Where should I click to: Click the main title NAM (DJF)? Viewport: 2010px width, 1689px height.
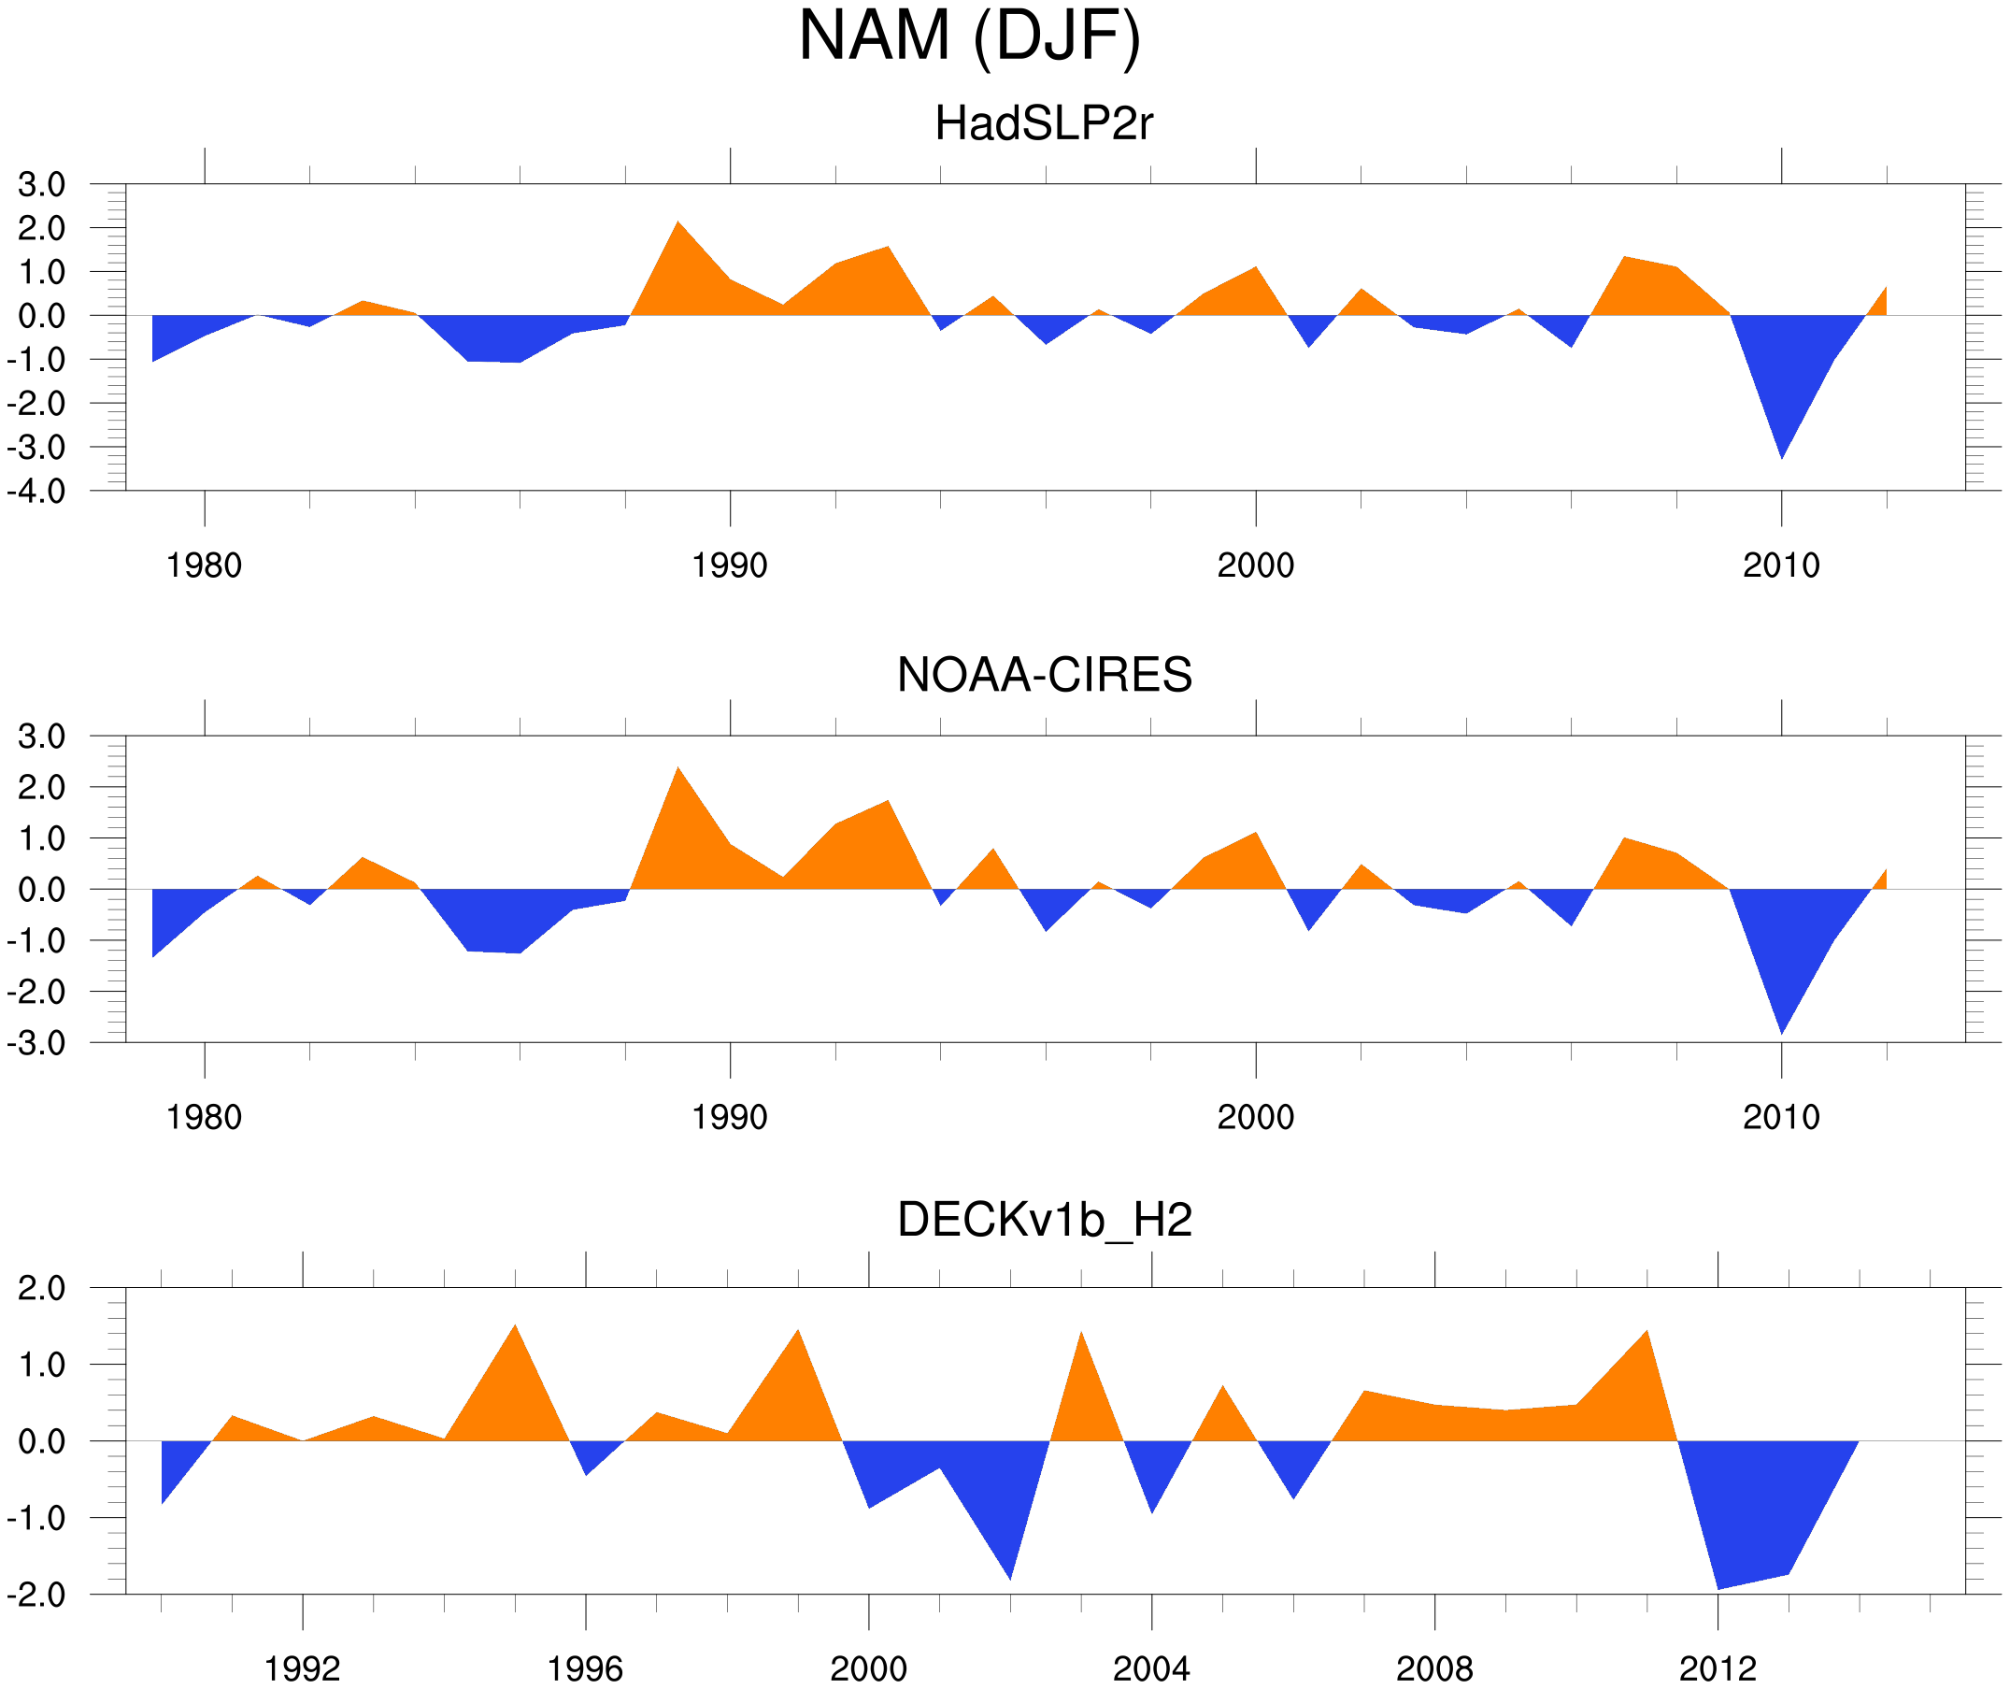[969, 36]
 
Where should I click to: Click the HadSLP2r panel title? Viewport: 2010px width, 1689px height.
[1043, 123]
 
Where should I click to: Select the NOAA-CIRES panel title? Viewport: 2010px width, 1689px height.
[1044, 675]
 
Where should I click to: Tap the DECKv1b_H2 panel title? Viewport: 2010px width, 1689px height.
[1044, 1220]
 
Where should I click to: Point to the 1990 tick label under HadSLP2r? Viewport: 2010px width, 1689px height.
[730, 565]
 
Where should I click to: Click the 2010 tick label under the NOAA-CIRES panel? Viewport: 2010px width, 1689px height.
[1780, 1117]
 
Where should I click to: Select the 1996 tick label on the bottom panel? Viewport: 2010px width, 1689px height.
[585, 1668]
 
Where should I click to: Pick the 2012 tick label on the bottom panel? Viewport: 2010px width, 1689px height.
[1718, 1668]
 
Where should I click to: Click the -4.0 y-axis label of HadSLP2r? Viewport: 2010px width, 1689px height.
[36, 492]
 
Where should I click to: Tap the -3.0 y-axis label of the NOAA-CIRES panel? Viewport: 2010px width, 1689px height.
[36, 1043]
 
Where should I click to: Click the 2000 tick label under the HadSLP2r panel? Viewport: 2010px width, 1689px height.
[1255, 565]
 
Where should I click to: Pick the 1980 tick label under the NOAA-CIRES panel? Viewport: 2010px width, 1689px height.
[204, 1117]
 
